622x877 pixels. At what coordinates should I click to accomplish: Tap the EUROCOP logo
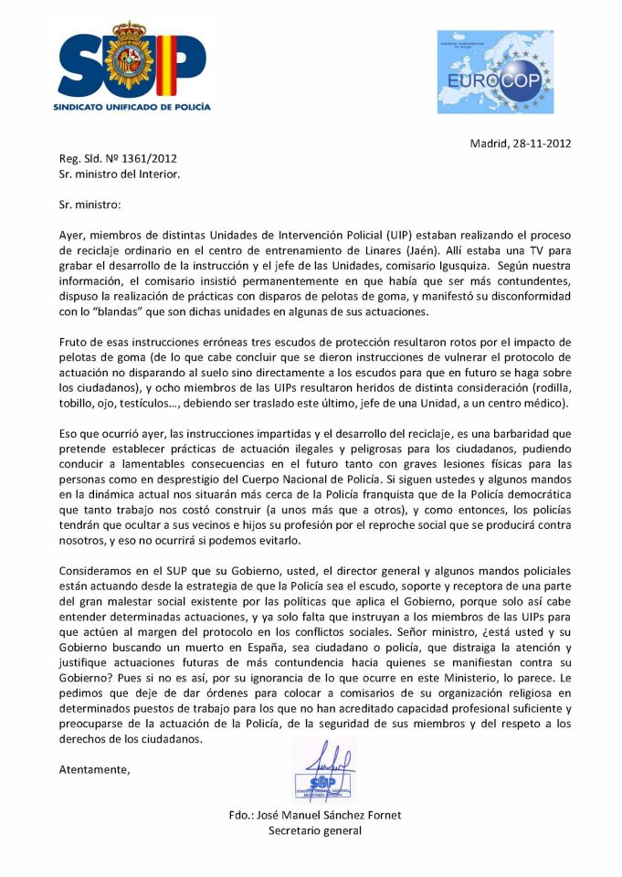495,71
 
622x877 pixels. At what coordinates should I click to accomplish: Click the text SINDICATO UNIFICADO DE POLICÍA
133,106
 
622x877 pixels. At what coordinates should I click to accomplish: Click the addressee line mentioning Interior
120,173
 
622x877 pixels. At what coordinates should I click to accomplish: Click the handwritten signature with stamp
322,769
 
